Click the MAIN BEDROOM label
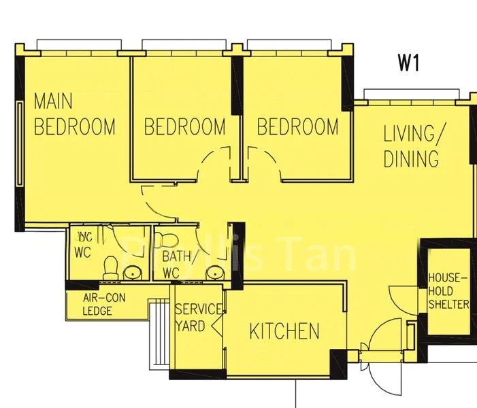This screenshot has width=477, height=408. (x=74, y=114)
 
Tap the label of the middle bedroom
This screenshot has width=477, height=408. (x=184, y=126)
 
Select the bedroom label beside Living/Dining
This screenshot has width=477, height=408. (x=297, y=126)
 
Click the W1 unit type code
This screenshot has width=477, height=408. (x=408, y=63)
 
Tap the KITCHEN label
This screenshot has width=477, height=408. (x=284, y=332)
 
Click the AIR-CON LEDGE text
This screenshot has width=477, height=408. (x=104, y=305)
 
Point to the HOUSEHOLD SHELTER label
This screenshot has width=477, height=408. (x=448, y=290)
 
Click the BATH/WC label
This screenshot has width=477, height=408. (x=180, y=265)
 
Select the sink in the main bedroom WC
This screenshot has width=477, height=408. (x=133, y=273)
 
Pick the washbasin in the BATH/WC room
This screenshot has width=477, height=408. (x=215, y=272)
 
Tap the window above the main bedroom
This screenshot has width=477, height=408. (x=77, y=45)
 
